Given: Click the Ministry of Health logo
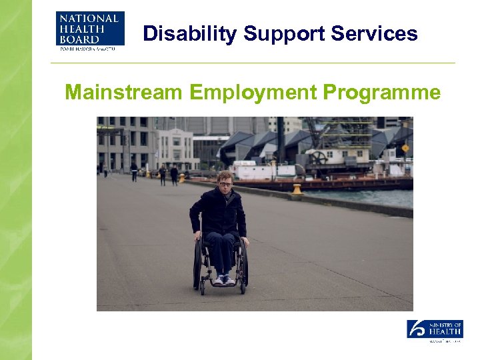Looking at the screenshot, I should click(x=435, y=331).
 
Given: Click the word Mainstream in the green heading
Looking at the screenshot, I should click(x=123, y=92).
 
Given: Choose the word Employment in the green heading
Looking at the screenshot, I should click(x=252, y=92).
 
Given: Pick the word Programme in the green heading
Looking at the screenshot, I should click(x=381, y=92).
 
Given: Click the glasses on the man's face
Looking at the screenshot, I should click(x=225, y=183).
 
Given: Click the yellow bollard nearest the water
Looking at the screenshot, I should click(x=297, y=189).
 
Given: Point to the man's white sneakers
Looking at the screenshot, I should click(x=223, y=279).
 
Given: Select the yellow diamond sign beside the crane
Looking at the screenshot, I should click(x=405, y=148).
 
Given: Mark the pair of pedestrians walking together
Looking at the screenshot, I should click(x=168, y=175).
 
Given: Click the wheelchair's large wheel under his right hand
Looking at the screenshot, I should click(x=198, y=263).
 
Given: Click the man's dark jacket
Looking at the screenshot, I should click(x=219, y=212).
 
